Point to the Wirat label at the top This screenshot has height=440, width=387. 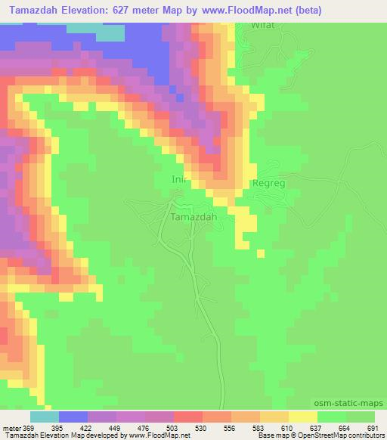262,25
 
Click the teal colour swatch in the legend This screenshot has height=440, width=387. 45,417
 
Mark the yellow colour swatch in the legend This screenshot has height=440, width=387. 303,417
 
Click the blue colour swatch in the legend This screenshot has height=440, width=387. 73,417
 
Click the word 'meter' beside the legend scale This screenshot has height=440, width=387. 11,428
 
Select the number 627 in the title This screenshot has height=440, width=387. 156,10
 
